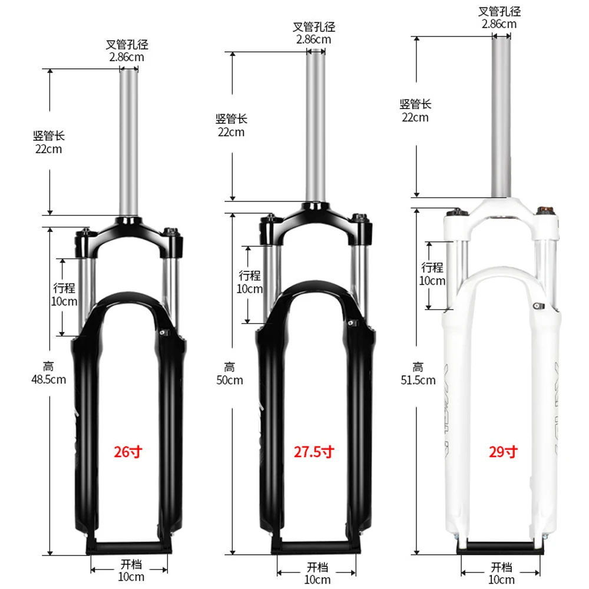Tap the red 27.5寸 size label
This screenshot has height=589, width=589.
(314, 452)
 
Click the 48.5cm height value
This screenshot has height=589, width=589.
(48, 379)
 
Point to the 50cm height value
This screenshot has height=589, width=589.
(230, 380)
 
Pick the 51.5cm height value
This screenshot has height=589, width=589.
(418, 380)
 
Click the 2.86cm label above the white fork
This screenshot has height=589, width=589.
(499, 24)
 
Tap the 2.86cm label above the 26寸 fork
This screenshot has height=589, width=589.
(126, 57)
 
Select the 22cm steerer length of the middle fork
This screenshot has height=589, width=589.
(231, 132)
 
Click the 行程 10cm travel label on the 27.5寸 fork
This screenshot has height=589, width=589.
(250, 282)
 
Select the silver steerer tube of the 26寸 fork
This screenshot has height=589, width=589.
(129, 141)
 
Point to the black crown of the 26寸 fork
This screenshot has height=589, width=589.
(129, 230)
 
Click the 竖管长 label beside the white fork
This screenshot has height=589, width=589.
(415, 104)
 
